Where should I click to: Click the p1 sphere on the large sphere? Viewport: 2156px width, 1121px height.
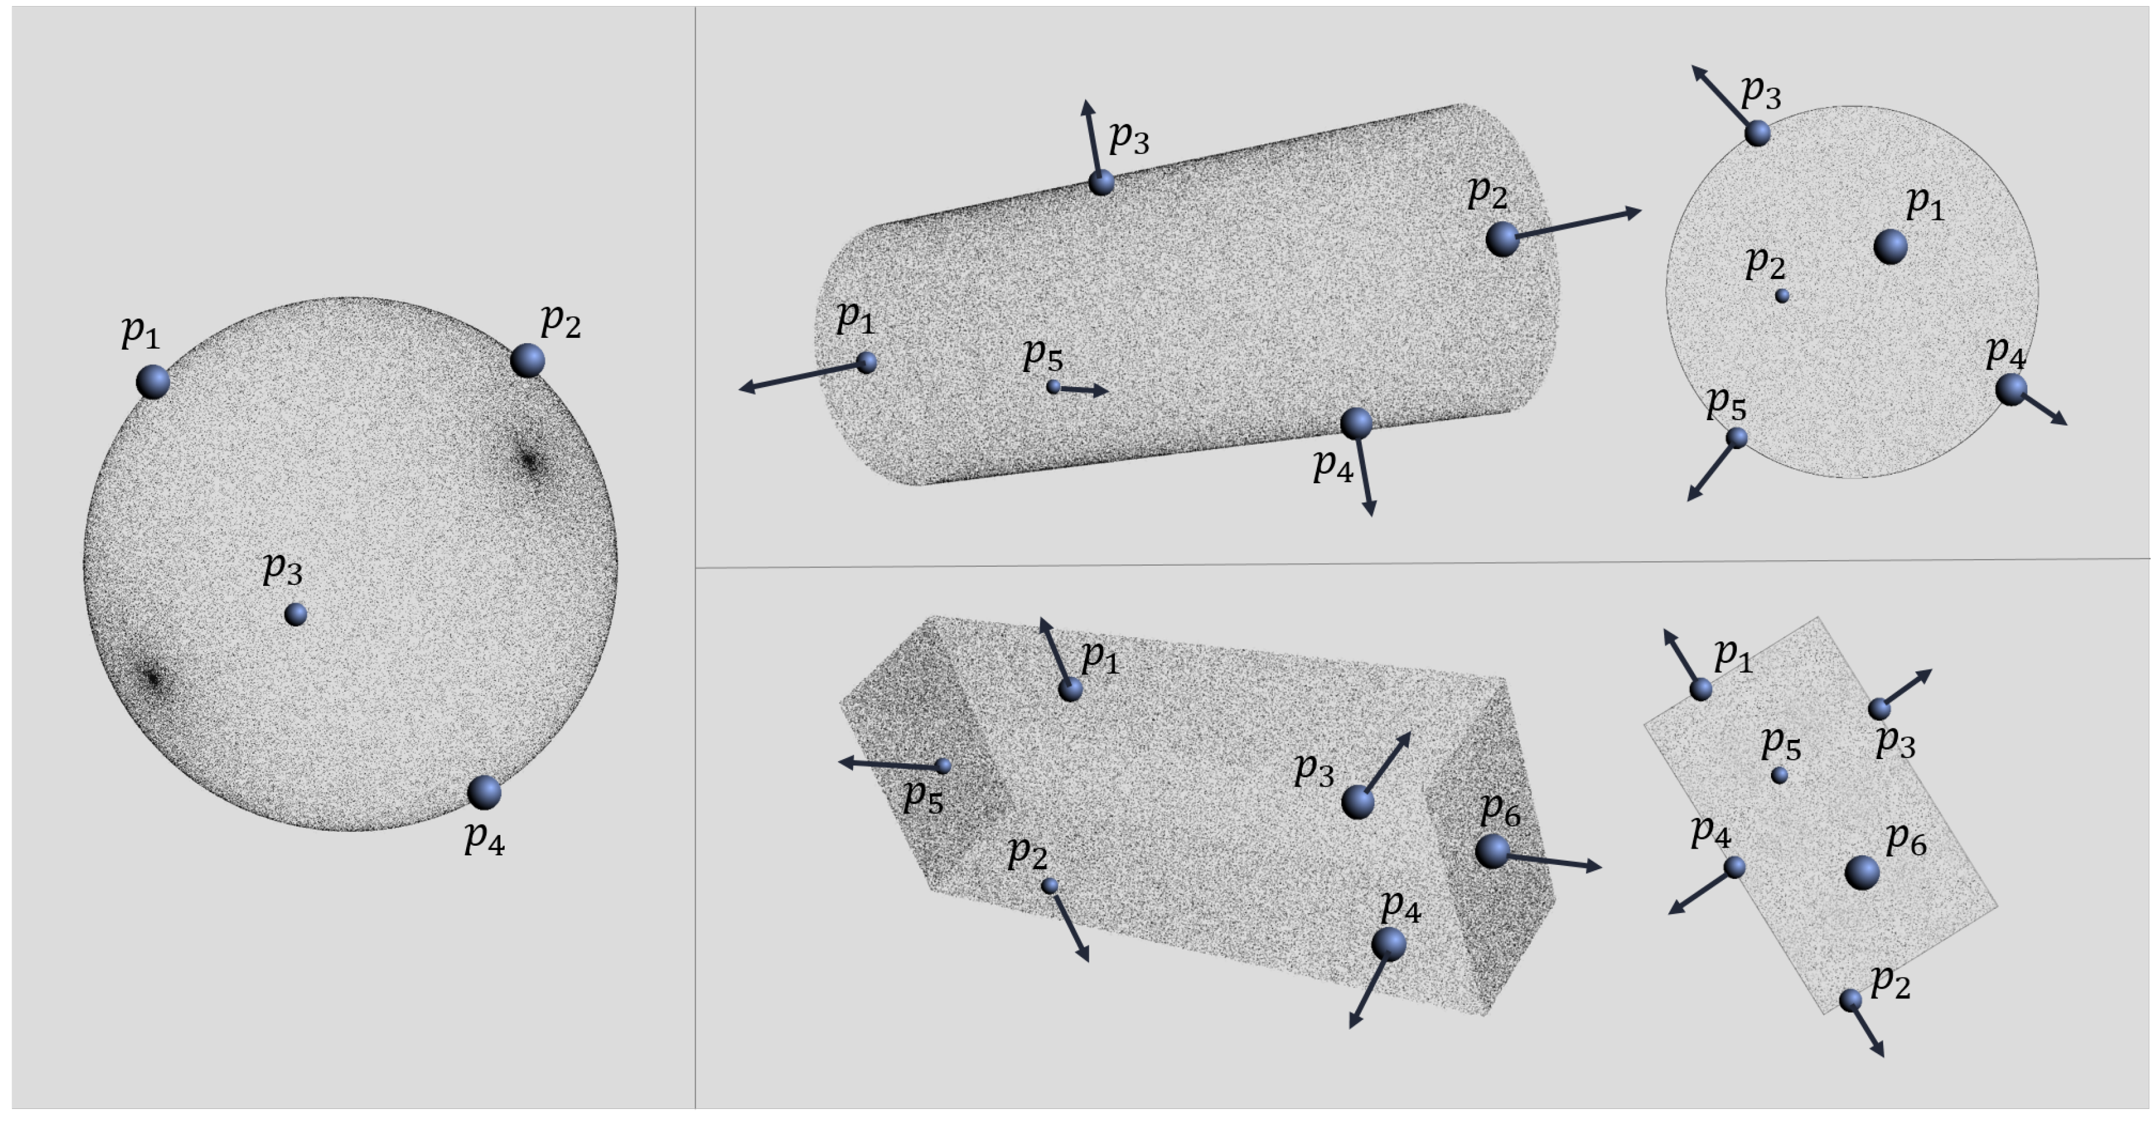pos(153,382)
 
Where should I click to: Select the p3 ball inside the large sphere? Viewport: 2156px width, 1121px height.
pos(296,614)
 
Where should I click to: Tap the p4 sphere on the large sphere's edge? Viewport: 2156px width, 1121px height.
pos(484,792)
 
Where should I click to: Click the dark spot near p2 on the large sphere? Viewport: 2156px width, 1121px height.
pos(530,460)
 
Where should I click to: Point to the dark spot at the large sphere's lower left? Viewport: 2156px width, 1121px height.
pos(153,678)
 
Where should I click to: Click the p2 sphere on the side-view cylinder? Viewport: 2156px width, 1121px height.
pos(1502,239)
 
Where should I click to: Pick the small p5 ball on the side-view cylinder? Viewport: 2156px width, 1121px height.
pos(1054,386)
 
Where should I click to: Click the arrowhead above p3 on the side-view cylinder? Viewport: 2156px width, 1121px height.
pos(1087,107)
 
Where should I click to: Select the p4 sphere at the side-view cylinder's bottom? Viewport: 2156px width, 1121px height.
pos(1356,424)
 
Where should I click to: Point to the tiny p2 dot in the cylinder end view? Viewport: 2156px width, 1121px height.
pos(1782,296)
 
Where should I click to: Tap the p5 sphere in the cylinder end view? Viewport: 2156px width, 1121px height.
pos(1737,438)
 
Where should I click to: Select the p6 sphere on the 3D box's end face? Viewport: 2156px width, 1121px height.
pos(1492,852)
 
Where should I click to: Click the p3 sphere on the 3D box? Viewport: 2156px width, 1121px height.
pos(1358,802)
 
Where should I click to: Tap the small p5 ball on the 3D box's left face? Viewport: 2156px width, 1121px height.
pos(943,765)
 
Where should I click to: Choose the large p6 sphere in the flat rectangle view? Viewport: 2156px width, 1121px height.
pos(1862,872)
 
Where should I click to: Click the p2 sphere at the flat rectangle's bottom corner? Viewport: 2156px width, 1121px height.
pos(1850,1000)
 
